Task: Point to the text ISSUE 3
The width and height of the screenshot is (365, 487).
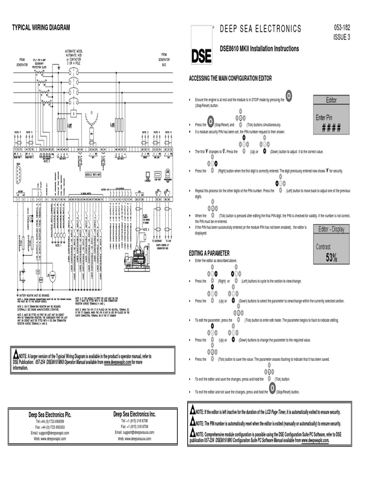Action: (x=342, y=38)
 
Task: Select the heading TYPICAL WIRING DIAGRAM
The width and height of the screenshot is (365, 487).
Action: (x=41, y=28)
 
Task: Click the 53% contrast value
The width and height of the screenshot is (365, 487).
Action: (x=331, y=258)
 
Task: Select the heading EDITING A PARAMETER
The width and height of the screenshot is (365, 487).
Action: (x=209, y=253)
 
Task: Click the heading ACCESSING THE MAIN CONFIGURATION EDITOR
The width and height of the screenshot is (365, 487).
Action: (x=231, y=78)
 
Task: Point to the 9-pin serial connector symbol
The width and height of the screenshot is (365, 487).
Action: (x=18, y=174)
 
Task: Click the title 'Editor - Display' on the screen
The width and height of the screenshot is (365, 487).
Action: (x=331, y=229)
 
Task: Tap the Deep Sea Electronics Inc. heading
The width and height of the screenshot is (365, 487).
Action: (x=134, y=414)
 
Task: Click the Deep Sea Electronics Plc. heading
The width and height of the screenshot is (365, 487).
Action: (x=50, y=415)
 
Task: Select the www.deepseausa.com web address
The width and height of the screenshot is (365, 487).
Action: (x=134, y=438)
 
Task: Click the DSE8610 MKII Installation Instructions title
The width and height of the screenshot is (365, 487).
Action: (x=259, y=49)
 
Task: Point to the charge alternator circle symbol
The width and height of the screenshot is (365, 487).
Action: (x=53, y=274)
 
